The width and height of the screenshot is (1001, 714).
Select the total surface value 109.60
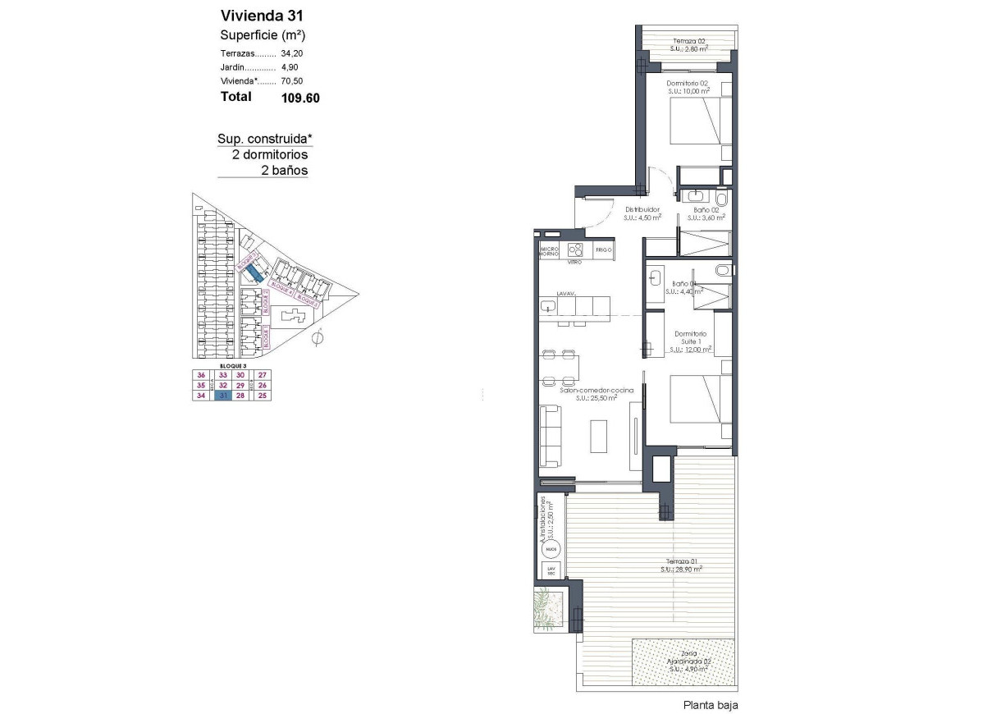(x=299, y=98)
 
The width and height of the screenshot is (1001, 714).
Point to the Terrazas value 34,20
(x=293, y=53)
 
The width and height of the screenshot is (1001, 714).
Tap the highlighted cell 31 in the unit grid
(x=222, y=396)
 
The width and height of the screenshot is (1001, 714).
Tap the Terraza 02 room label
(x=688, y=41)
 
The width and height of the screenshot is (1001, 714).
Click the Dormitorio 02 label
(x=688, y=83)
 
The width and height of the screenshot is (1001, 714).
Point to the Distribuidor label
(x=642, y=209)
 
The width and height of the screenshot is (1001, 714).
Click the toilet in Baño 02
(x=720, y=198)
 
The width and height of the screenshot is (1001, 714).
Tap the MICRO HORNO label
(x=549, y=251)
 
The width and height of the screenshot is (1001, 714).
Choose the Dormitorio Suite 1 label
(x=690, y=339)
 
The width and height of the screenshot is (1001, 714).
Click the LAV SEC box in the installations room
(x=551, y=569)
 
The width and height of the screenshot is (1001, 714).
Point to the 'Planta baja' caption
(x=711, y=705)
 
